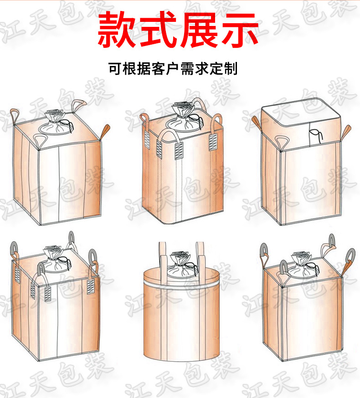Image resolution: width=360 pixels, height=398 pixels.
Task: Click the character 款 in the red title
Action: pos(117,30)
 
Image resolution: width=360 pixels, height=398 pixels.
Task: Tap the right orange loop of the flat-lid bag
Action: pos(347,131)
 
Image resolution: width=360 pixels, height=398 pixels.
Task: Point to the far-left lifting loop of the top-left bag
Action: pos(15,114)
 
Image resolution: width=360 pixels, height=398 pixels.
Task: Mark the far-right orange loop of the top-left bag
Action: pos(106,132)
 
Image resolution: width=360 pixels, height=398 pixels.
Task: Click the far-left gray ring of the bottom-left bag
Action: pos(14,249)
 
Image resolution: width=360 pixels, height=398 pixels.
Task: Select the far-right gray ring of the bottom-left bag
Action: pos(94,257)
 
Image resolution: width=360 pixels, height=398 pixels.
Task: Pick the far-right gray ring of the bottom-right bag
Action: pos(350,256)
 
